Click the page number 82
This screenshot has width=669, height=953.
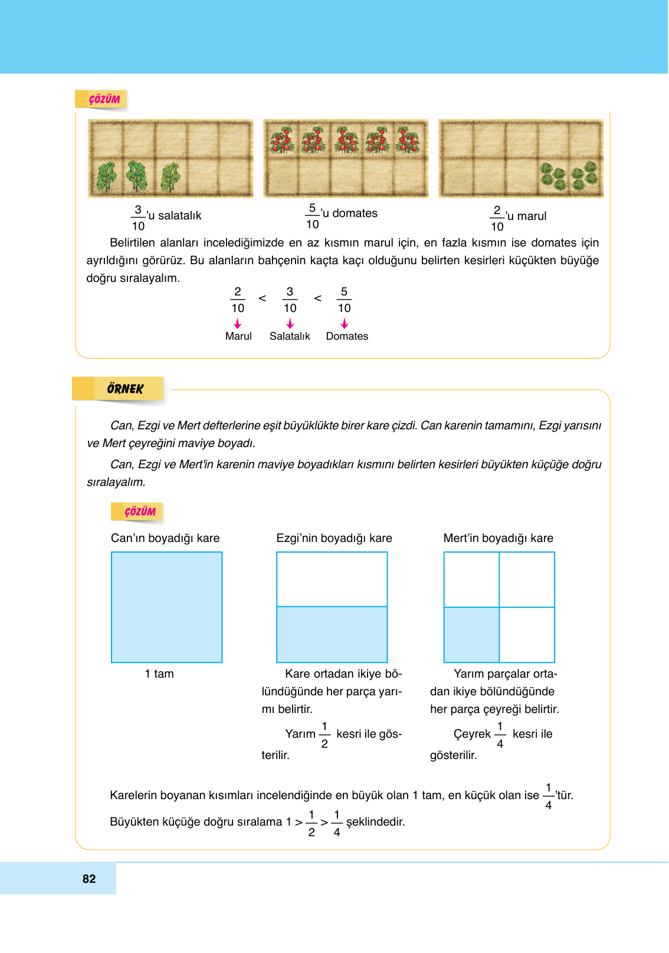[x=89, y=879]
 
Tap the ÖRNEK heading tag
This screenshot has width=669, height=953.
[x=125, y=389]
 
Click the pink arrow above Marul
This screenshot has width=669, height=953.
[x=238, y=324]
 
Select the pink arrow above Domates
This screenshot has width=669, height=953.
[x=345, y=324]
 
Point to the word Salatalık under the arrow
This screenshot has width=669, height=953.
[x=290, y=336]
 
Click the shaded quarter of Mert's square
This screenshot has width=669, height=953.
[x=471, y=635]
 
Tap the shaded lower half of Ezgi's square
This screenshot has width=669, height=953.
[x=332, y=635]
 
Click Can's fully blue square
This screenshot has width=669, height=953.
[x=167, y=607]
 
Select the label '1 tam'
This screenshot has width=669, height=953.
[x=159, y=673]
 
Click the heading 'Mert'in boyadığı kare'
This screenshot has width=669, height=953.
[x=498, y=538]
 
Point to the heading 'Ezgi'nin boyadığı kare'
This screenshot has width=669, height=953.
[x=334, y=538]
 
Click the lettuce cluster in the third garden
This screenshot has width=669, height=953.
[x=570, y=176]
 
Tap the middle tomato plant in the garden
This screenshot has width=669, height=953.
[x=346, y=140]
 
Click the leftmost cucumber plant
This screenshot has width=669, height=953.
[x=107, y=176]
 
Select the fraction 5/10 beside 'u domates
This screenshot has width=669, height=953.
[x=312, y=216]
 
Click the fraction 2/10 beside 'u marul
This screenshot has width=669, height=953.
[x=497, y=218]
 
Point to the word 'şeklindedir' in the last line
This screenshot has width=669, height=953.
[x=375, y=821]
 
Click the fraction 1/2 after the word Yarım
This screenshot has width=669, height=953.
[x=324, y=735]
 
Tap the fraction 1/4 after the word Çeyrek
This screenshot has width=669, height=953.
[x=500, y=735]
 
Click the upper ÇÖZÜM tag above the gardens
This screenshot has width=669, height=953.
[x=104, y=99]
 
